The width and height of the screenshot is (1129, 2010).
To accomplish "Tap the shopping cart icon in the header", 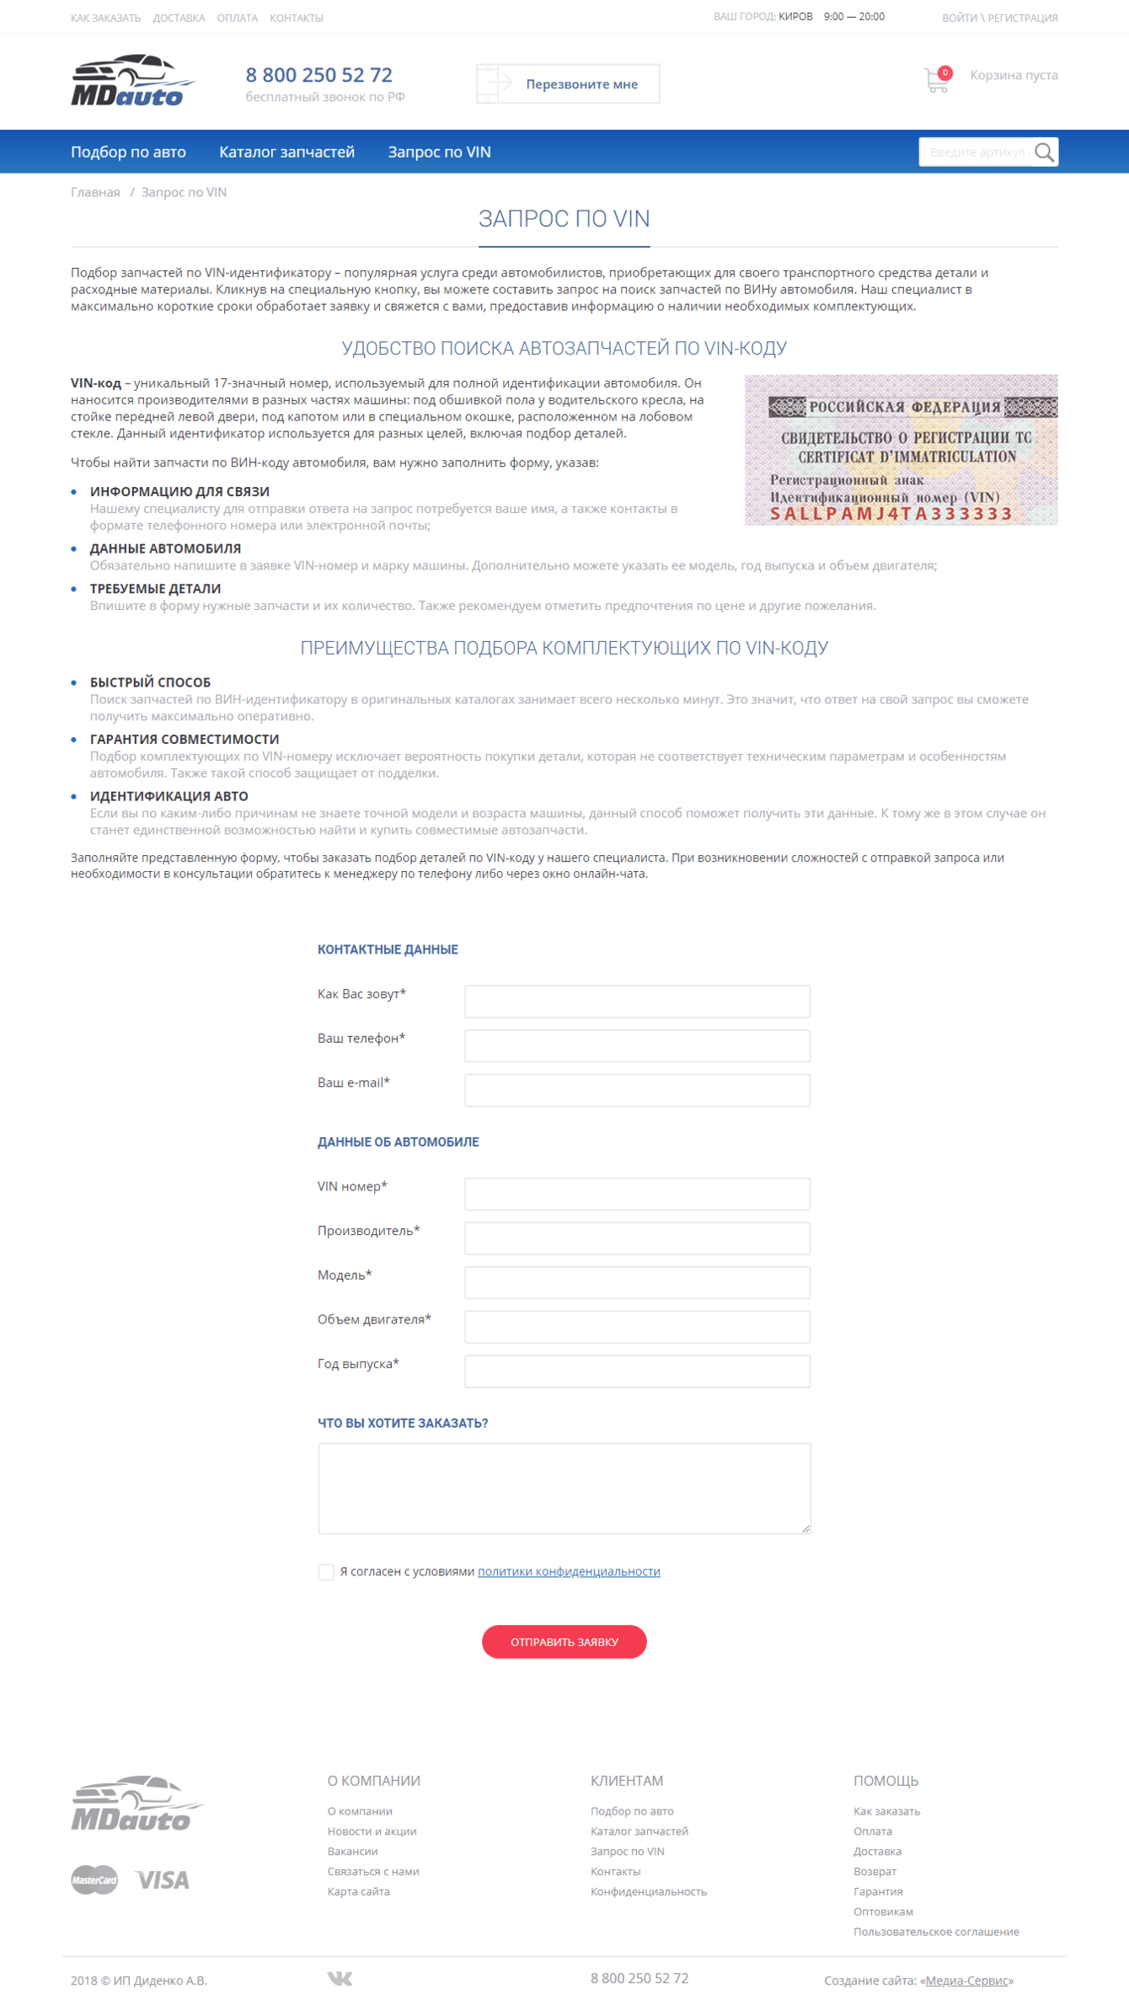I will click(936, 80).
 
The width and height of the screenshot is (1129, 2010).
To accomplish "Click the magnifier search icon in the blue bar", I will click(1044, 152).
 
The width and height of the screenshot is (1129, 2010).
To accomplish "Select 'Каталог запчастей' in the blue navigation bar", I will click(286, 152).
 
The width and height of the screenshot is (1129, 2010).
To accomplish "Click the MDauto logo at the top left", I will click(132, 82).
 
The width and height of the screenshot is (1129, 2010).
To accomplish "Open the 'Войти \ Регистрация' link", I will click(999, 18).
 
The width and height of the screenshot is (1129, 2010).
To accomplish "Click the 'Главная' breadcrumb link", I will click(95, 192).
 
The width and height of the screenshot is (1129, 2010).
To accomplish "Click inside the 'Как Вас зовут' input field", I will click(637, 1001).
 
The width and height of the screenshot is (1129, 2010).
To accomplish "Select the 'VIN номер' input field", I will click(637, 1193).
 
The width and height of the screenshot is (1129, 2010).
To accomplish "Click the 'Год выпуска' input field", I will click(637, 1371).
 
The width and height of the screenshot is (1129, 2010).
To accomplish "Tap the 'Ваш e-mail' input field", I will click(637, 1089).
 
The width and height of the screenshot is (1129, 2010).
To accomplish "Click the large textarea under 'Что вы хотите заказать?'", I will click(564, 1488).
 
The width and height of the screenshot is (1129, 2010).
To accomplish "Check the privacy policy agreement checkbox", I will click(326, 1572).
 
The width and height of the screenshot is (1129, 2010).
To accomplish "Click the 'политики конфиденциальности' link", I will click(569, 1571).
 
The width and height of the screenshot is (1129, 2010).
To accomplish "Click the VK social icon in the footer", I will click(340, 1978).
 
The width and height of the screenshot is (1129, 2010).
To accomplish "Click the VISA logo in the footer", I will click(163, 1880).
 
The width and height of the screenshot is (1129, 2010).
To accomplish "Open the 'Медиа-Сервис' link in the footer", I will click(966, 1981).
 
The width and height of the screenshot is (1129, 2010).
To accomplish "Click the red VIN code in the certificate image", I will click(891, 514).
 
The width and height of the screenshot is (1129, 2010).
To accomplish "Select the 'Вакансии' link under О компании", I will click(352, 1851).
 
